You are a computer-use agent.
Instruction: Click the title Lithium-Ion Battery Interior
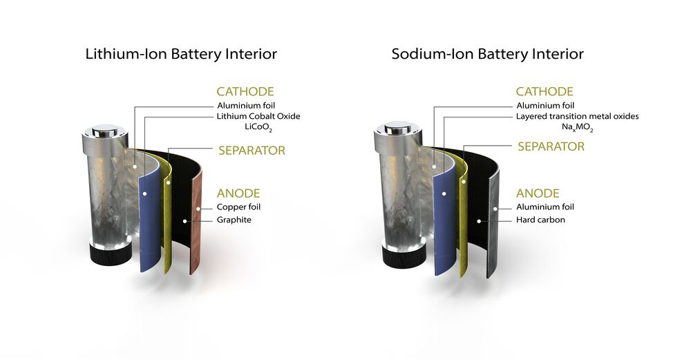point(181,54)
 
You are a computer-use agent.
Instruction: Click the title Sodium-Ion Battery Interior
point(487,54)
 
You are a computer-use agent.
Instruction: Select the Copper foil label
point(238,207)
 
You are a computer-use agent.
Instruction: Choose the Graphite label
point(234,220)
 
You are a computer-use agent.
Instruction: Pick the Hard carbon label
point(540,220)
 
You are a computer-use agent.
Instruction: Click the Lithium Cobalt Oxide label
point(258,116)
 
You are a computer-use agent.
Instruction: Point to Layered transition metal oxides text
point(577,116)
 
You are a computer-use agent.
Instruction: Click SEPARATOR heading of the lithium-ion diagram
point(252,150)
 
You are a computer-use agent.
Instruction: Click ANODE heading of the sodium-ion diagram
point(538,193)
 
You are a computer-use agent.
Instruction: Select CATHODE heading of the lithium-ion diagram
point(245,91)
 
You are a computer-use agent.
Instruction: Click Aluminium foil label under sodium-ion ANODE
point(545,207)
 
